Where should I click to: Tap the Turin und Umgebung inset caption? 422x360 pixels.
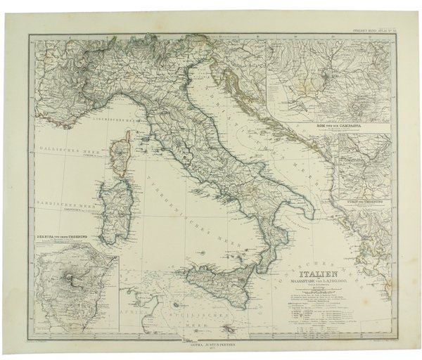pyautogui.click(x=363, y=202)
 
